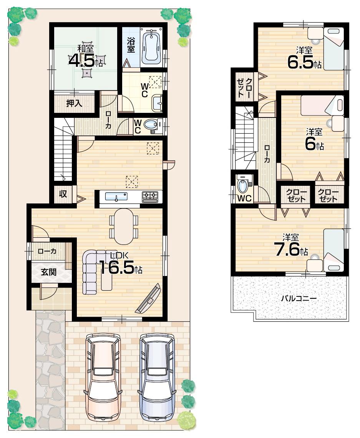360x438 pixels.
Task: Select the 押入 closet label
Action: point(74,103)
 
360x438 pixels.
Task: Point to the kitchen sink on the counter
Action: point(117,197)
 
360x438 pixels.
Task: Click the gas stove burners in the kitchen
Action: point(150,197)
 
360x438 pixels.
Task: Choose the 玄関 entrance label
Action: point(49,272)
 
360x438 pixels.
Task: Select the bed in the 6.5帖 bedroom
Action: point(333,48)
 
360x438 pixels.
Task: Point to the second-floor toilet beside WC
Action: point(243,185)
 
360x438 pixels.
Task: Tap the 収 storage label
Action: point(63,194)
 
